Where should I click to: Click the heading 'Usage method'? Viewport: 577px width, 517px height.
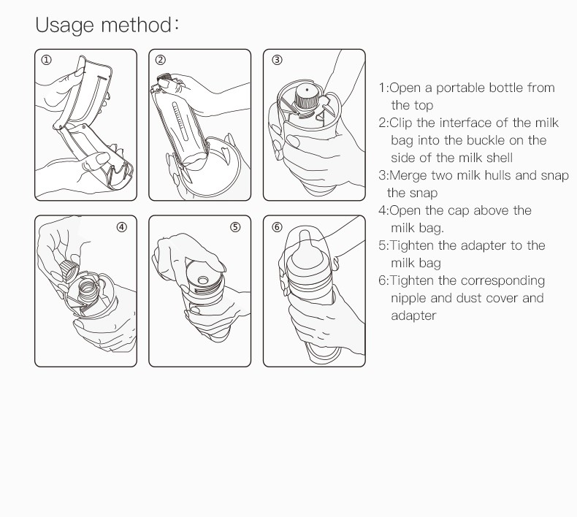pyautogui.click(x=107, y=25)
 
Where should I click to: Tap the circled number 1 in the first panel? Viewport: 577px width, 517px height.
pyautogui.click(x=46, y=60)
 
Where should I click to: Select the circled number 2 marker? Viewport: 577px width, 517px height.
pyautogui.click(x=161, y=60)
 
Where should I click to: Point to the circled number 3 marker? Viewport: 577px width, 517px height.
pyautogui.click(x=277, y=60)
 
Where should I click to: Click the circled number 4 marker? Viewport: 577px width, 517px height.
pyautogui.click(x=121, y=226)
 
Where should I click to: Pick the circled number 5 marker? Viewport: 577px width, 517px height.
pyautogui.click(x=235, y=226)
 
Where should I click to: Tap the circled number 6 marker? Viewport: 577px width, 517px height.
pyautogui.click(x=277, y=226)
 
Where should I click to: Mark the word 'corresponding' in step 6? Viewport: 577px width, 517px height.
pyautogui.click(x=503, y=280)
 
